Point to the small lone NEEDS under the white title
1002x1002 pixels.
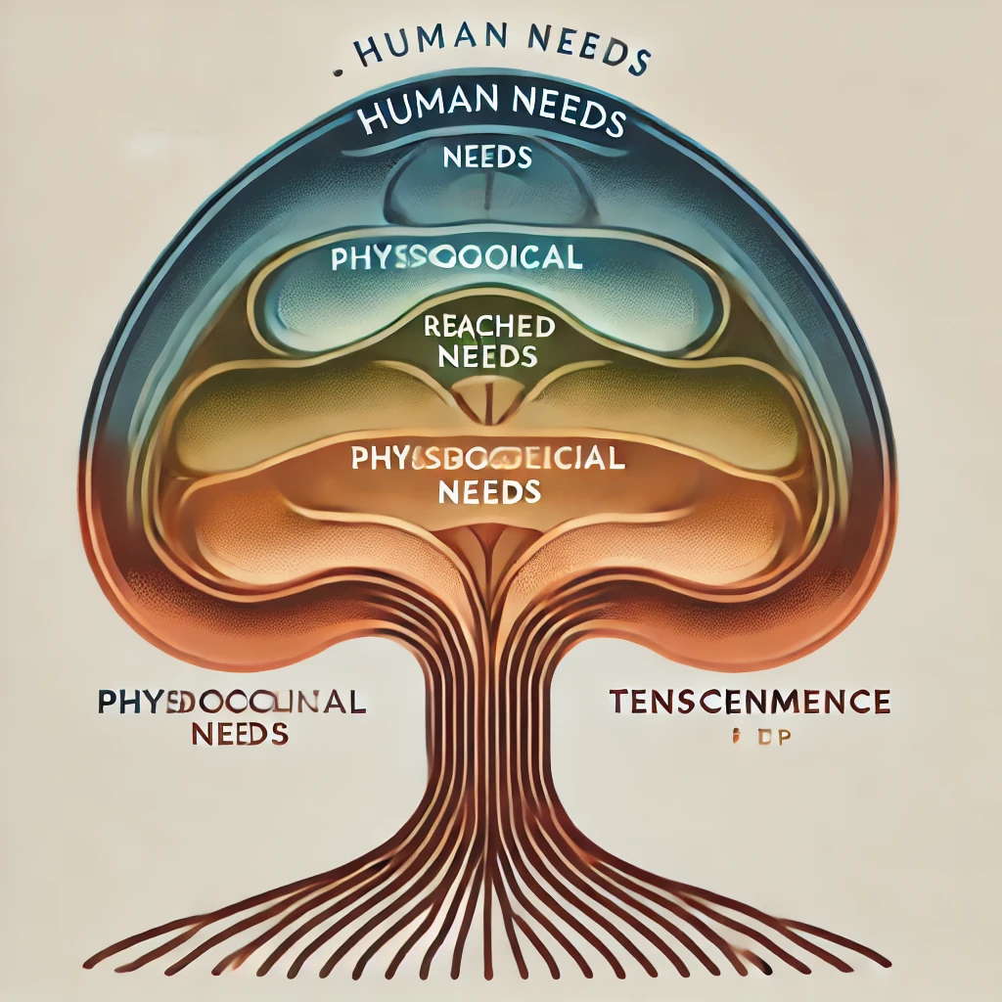click(x=486, y=157)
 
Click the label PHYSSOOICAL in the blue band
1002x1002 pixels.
click(x=456, y=259)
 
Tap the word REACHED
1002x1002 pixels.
click(x=489, y=327)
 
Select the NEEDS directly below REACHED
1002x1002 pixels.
click(x=487, y=355)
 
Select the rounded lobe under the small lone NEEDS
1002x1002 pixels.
click(x=486, y=196)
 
